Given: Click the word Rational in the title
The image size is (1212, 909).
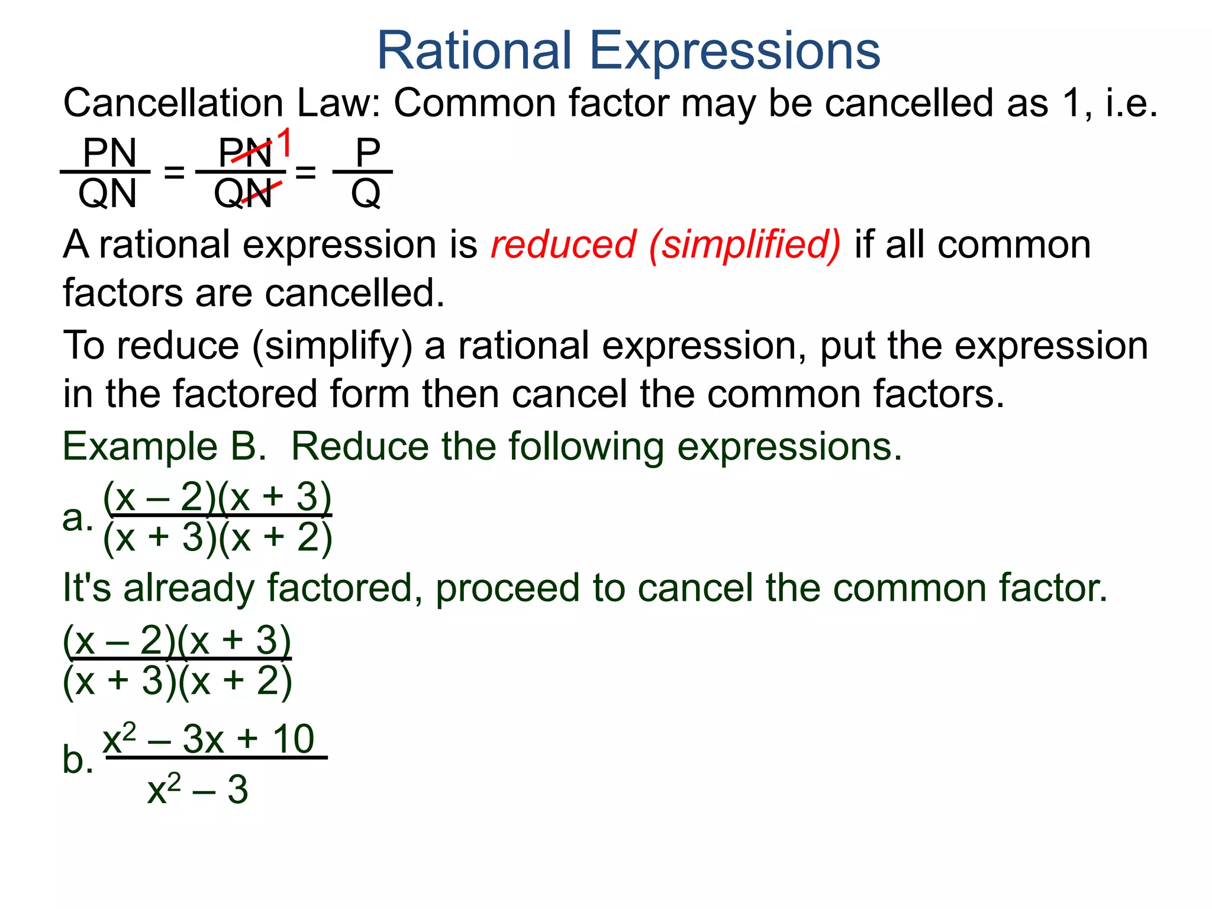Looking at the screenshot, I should (x=474, y=51).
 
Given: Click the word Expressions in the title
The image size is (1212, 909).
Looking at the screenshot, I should (x=734, y=51).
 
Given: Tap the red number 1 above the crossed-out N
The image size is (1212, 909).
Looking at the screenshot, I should (x=285, y=143).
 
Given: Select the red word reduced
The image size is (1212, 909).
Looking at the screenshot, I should (x=563, y=244).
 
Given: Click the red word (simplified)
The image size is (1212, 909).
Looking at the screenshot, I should (x=744, y=246).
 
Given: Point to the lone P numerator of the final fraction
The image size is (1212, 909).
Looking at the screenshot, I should (x=367, y=153).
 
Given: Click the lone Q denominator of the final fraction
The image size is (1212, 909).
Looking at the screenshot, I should (x=366, y=194).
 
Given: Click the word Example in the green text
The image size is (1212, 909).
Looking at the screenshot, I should (x=140, y=447).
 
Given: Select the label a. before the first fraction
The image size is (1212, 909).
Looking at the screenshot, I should (x=78, y=518).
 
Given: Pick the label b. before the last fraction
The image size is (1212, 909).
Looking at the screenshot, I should (x=78, y=759).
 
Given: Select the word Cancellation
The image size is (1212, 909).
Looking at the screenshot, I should (x=173, y=103).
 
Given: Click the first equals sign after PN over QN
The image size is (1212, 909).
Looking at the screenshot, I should (x=174, y=172).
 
